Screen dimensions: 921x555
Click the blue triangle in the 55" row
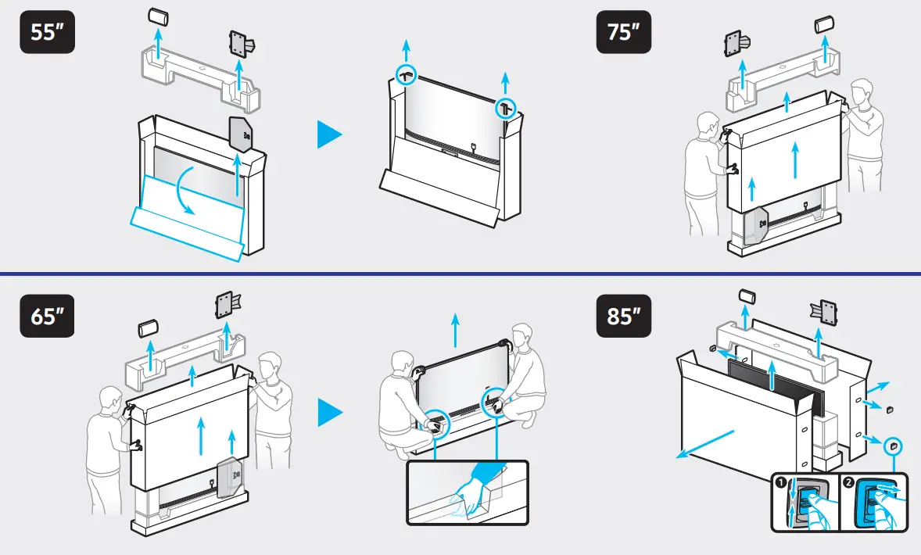coord(330,134)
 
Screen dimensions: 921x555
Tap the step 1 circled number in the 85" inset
coord(780,482)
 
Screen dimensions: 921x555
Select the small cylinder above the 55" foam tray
coord(158,17)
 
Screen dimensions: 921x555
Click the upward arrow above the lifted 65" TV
coord(456,331)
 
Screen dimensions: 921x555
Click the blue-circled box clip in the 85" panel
coord(893,446)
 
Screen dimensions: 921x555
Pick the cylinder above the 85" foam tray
coord(747,296)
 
